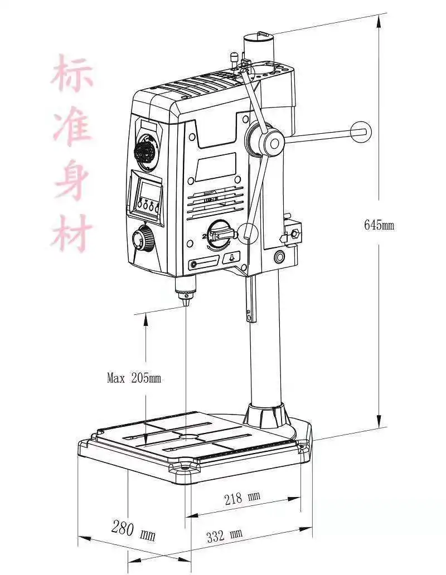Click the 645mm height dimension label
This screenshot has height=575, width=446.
[x=379, y=225]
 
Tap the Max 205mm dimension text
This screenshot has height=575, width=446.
[x=134, y=378]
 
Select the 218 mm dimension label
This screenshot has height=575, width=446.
[x=243, y=497]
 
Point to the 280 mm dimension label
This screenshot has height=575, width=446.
[x=133, y=528]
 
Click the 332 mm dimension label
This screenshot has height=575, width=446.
[x=225, y=536]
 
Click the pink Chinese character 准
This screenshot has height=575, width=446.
[x=72, y=127]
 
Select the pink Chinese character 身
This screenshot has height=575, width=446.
[x=72, y=181]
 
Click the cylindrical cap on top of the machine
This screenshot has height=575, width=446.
[x=258, y=46]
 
